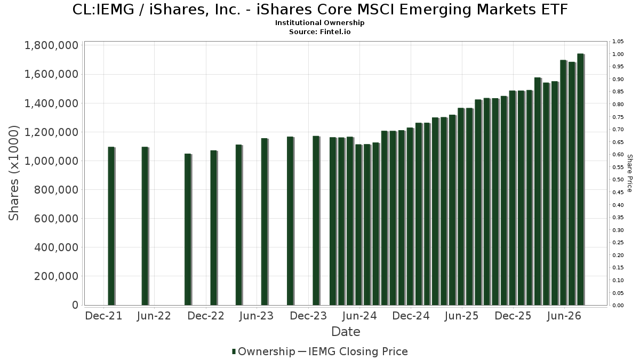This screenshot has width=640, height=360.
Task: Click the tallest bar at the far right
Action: [x=580, y=179]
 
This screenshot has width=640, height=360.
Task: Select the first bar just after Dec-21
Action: [x=111, y=226]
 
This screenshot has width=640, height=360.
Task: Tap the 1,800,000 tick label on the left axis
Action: [x=51, y=46]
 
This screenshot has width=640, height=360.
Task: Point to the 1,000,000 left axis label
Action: [x=51, y=161]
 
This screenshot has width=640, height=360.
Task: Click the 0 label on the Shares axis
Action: [x=75, y=305]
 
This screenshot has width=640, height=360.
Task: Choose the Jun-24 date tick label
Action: [x=359, y=316]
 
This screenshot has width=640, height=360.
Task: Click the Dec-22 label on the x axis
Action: [x=206, y=316]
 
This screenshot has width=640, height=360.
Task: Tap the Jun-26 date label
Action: [x=564, y=316]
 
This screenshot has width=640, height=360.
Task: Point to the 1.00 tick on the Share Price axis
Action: [x=618, y=54]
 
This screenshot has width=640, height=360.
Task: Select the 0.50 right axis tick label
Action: [x=618, y=180]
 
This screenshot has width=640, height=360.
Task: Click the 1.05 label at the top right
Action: [x=618, y=42]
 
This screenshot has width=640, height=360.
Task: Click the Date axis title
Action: [x=346, y=332]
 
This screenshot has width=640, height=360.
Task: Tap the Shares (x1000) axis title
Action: [x=13, y=173]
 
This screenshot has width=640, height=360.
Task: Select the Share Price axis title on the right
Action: [x=629, y=173]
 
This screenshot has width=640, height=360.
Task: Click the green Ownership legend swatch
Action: [x=234, y=351]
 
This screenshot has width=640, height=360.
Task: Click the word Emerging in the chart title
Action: [x=435, y=10]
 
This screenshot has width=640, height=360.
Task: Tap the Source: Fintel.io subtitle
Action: [x=319, y=31]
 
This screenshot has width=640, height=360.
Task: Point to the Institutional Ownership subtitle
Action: [x=319, y=23]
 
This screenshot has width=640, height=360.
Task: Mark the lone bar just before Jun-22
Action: [x=145, y=226]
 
